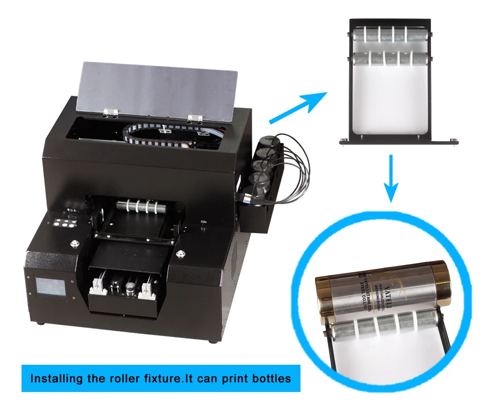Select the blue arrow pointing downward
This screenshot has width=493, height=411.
pyautogui.click(x=392, y=177)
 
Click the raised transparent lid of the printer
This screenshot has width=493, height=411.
pyautogui.click(x=157, y=87)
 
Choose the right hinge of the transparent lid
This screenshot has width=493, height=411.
pyautogui.click(x=194, y=119)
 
